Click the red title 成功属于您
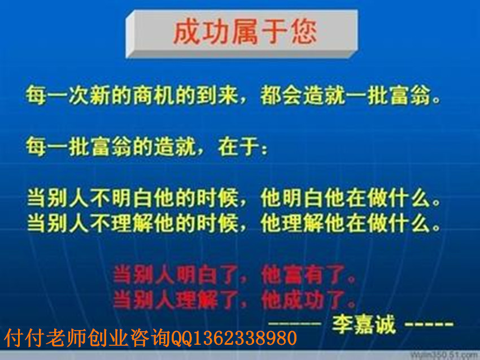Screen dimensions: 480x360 click(x=245, y=32)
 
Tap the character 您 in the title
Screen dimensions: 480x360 click(x=303, y=32)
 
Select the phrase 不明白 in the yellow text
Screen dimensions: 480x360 click(x=121, y=198)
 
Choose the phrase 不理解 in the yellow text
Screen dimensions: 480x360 click(x=121, y=223)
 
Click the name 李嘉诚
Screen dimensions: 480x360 click(x=364, y=324)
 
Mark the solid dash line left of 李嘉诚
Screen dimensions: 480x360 click(x=294, y=323)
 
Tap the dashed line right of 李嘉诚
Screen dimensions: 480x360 click(x=429, y=323)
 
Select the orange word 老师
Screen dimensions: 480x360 click(x=66, y=339)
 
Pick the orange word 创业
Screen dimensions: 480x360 click(x=107, y=339)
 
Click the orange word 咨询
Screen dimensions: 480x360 click(x=150, y=339)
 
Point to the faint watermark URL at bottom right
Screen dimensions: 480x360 click(x=445, y=355)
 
